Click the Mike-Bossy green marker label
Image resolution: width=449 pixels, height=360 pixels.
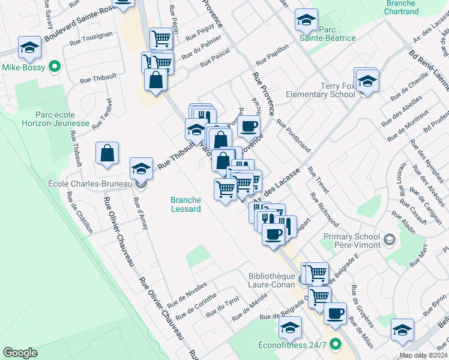[x=24, y=68]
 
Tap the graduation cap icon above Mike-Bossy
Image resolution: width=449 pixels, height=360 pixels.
[x=29, y=47]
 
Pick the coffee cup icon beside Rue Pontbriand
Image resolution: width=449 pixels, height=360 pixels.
[x=249, y=127]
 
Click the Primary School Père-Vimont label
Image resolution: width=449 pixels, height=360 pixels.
[x=352, y=241]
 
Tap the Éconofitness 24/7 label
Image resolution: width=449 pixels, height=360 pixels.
[x=292, y=345]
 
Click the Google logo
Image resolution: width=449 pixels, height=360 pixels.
[x=20, y=353]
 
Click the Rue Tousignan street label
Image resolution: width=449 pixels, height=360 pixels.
[x=91, y=38]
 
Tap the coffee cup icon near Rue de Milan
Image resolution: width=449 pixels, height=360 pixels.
[x=335, y=313]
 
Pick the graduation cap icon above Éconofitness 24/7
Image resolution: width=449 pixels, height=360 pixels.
[x=291, y=328]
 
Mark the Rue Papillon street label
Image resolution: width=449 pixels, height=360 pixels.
[x=272, y=54]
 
